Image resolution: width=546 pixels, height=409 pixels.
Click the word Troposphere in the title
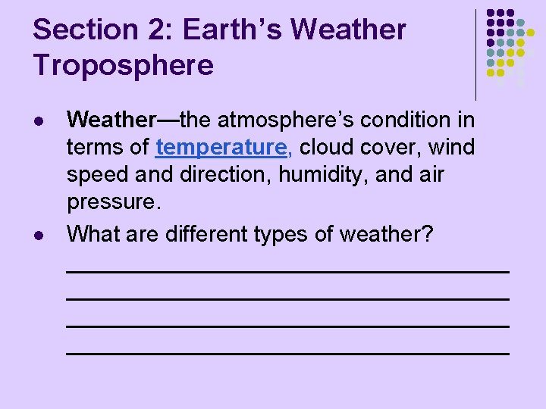124,66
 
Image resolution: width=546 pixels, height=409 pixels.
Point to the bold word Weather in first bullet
111,120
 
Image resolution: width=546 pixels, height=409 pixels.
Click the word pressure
115,202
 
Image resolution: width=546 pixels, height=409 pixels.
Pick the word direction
225,175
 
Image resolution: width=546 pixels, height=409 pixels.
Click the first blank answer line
287,270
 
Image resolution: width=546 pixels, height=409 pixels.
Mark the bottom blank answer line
287,353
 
